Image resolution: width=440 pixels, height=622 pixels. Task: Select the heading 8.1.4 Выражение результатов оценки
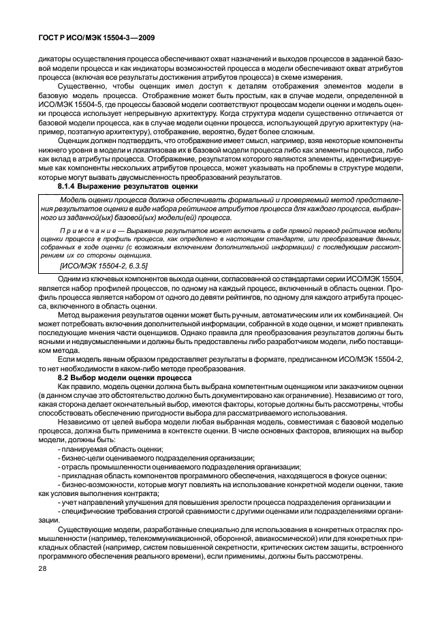click(x=123, y=185)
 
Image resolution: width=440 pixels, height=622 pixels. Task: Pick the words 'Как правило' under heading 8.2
click(x=76, y=386)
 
